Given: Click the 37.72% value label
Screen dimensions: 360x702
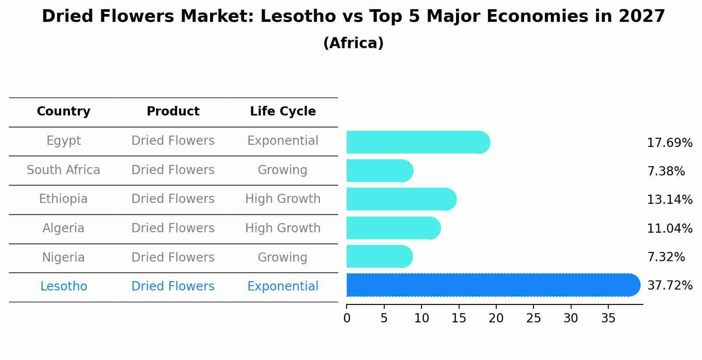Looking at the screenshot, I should pyautogui.click(x=670, y=286).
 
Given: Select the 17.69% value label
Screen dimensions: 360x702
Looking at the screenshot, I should pyautogui.click(x=670, y=143).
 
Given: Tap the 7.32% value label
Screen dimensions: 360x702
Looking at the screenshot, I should pyautogui.click(x=666, y=257).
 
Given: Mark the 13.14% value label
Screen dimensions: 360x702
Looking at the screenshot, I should pyautogui.click(x=670, y=200).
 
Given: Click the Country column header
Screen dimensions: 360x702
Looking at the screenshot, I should pyautogui.click(x=63, y=112).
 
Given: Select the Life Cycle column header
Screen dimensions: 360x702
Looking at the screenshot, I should pyautogui.click(x=283, y=112).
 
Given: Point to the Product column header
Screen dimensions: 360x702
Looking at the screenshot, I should pyautogui.click(x=173, y=112).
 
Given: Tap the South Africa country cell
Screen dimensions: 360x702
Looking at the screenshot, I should pyautogui.click(x=63, y=170).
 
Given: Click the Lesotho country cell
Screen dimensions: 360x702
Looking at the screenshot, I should pyautogui.click(x=63, y=287).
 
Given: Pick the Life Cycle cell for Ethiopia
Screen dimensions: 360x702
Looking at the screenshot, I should pyautogui.click(x=283, y=199).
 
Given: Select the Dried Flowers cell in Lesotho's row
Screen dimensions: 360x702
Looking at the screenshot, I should pyautogui.click(x=173, y=287).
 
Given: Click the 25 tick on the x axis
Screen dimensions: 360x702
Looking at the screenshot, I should pyautogui.click(x=534, y=318).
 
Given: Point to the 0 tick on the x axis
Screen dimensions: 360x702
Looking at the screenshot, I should pyautogui.click(x=347, y=318).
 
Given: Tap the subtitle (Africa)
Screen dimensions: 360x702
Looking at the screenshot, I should pyautogui.click(x=353, y=43).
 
